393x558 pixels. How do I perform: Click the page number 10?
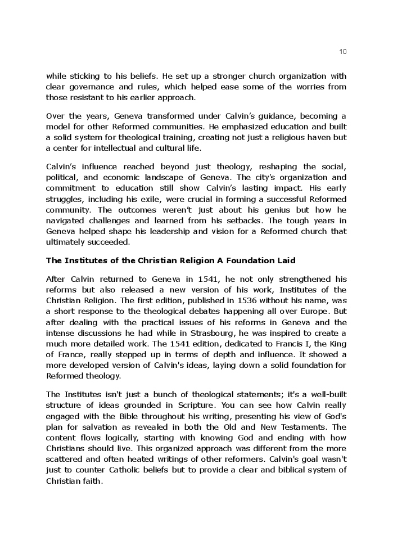click(x=343, y=52)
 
